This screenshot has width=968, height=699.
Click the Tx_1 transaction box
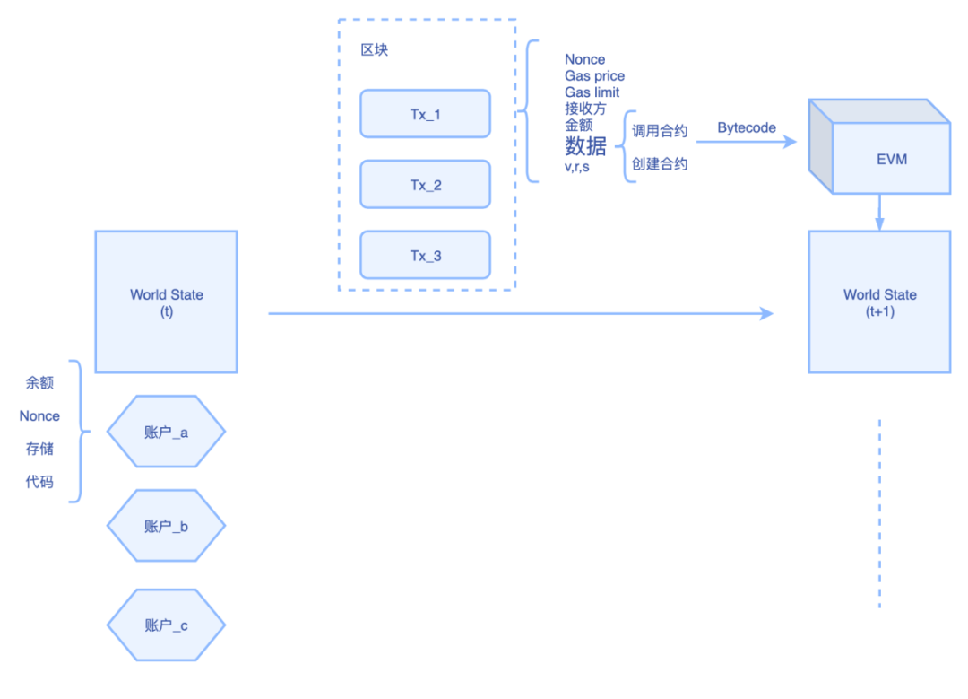[425, 114]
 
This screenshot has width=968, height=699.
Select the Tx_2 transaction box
[425, 185]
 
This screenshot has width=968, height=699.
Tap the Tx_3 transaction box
[425, 256]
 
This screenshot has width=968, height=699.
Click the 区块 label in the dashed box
[374, 50]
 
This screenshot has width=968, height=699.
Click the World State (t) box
[166, 302]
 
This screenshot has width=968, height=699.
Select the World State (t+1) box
[879, 302]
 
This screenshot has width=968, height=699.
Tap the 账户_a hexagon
[166, 432]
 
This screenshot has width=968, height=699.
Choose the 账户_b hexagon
[166, 526]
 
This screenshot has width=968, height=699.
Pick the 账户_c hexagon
[166, 625]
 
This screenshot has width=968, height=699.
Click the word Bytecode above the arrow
[747, 128]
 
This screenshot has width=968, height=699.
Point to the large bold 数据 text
[585, 146]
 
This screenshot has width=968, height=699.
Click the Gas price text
[594, 76]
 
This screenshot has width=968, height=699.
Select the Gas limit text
[592, 92]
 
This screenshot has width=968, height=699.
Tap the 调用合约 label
[660, 131]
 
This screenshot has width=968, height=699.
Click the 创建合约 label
[660, 164]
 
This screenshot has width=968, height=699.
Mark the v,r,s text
[576, 166]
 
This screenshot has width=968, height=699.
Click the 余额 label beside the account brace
[39, 382]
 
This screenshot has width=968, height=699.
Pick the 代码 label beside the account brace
[39, 482]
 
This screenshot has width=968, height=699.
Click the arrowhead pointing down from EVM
[879, 223]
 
